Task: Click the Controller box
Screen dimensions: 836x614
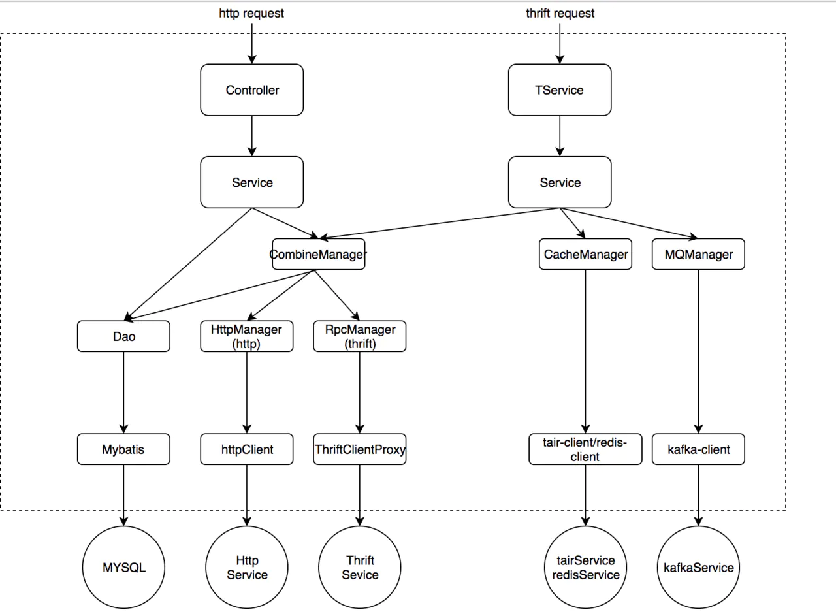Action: pos(252,90)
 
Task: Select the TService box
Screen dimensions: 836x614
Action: pos(560,90)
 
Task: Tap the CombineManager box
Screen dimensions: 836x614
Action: pos(319,254)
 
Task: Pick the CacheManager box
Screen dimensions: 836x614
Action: pos(586,254)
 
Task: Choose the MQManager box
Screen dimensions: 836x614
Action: pos(698,254)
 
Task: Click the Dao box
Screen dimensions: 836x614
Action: pos(123,336)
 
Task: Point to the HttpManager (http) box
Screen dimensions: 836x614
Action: pos(247,336)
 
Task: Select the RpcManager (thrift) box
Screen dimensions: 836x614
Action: pos(360,336)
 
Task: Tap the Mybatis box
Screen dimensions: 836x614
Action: pos(123,449)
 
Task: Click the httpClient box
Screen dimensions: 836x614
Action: pos(247,449)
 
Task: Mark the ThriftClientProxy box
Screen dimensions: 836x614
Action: pos(360,449)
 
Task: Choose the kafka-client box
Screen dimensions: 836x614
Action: pos(698,449)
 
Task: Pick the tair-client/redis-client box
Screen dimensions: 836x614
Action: pos(586,449)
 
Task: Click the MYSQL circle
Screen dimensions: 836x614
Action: pos(123,568)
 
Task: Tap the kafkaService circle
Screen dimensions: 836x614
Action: pos(698,568)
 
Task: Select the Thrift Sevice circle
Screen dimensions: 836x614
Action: pos(360,568)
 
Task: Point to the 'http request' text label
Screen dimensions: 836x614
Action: pos(251,14)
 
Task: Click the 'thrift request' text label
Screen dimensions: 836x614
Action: pos(560,14)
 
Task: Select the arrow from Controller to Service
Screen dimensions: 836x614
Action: pos(252,136)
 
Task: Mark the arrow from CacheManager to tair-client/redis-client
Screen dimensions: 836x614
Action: pos(586,351)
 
